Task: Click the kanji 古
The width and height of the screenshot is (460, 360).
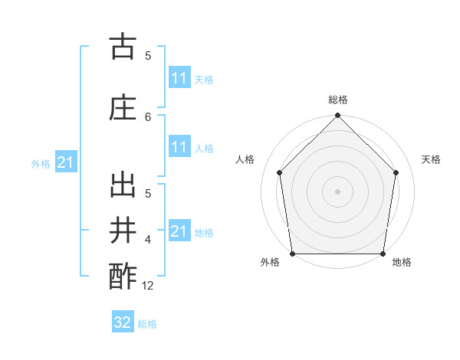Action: click(x=122, y=47)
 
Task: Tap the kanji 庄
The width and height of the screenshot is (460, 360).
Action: click(x=122, y=107)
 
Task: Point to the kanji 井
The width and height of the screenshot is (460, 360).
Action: click(x=122, y=230)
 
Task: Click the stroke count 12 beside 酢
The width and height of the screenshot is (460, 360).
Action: click(x=149, y=285)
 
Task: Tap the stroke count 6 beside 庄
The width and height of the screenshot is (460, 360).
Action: click(x=148, y=116)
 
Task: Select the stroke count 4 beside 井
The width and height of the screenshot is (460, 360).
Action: click(x=148, y=240)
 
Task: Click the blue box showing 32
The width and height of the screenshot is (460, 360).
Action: click(x=123, y=322)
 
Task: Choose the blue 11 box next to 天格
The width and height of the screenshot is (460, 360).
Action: click(x=179, y=78)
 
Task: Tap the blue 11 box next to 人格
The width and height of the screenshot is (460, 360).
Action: click(x=179, y=147)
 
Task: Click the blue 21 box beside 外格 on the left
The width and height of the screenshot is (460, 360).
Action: click(x=65, y=162)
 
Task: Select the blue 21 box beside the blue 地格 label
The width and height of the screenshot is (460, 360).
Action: click(x=179, y=231)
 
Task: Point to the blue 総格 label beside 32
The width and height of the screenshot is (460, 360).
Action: click(x=148, y=324)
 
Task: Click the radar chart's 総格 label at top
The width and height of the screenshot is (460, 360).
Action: click(x=338, y=100)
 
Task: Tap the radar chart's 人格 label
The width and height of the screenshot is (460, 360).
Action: click(x=245, y=159)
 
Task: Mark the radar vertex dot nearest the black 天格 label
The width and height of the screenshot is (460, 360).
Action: click(x=396, y=172)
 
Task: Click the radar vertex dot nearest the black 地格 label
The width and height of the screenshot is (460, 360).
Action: click(x=383, y=254)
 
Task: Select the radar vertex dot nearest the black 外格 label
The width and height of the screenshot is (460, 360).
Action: click(x=293, y=254)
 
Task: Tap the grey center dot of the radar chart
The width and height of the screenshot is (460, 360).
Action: click(x=337, y=191)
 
